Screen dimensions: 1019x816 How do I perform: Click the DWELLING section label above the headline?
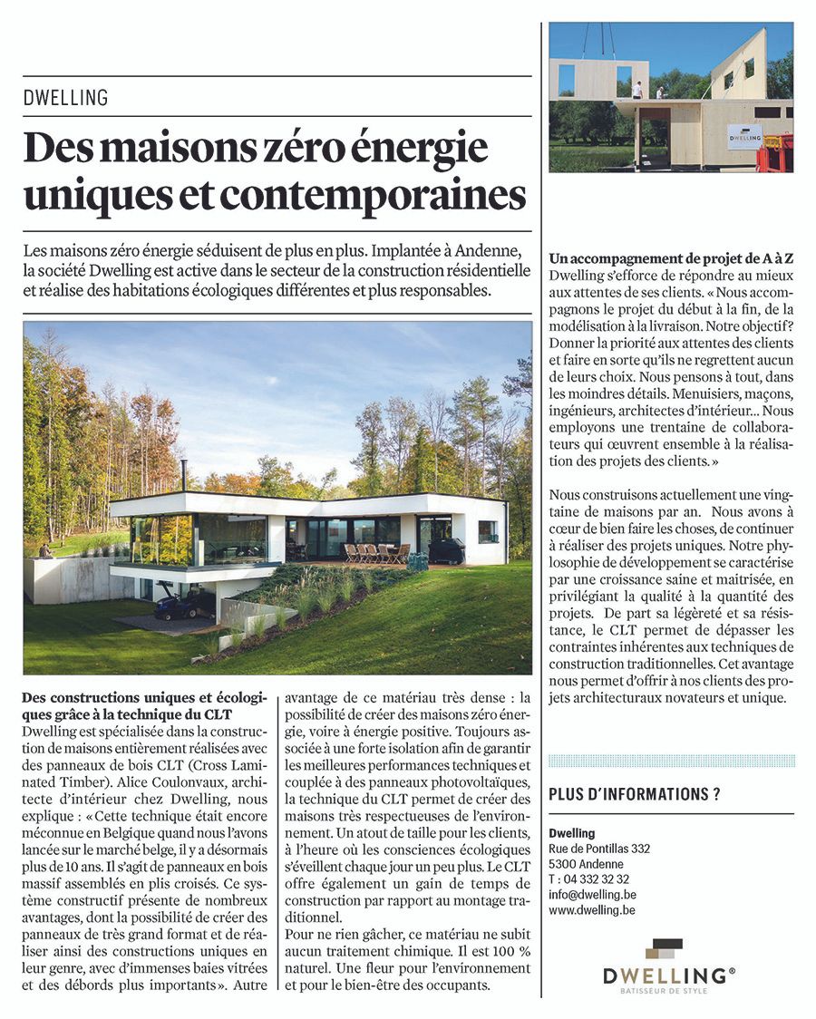pyautogui.click(x=65, y=97)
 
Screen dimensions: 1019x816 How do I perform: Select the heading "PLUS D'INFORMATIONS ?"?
pyautogui.click(x=635, y=795)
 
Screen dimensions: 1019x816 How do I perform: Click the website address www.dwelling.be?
pyautogui.click(x=591, y=909)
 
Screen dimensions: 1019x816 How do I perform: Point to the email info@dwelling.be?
pyautogui.click(x=591, y=894)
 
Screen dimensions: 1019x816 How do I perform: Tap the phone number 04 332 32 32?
pyautogui.click(x=597, y=878)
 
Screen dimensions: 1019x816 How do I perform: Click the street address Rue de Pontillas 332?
pyautogui.click(x=599, y=849)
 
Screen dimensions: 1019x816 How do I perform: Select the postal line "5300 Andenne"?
pyautogui.click(x=582, y=864)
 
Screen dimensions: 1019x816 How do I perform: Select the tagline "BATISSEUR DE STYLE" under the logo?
pyautogui.click(x=669, y=991)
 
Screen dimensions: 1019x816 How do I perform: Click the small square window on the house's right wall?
pyautogui.click(x=487, y=530)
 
